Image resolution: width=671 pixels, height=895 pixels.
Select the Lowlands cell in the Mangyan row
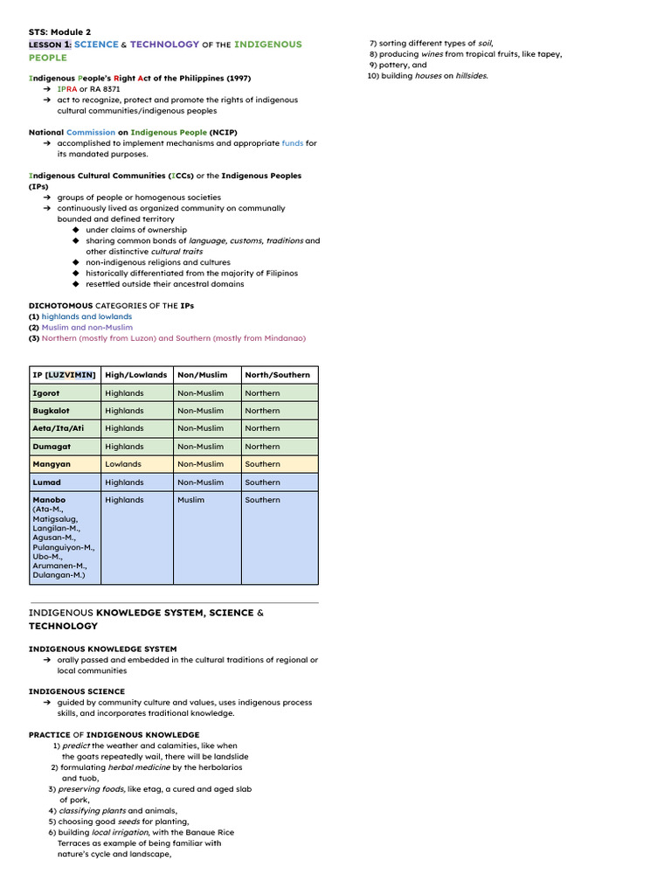pyautogui.click(x=122, y=464)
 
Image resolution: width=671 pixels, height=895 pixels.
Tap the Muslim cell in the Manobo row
pyautogui.click(x=190, y=500)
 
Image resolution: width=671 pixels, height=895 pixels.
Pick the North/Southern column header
pyautogui.click(x=277, y=375)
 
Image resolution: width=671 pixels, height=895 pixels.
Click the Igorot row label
pyautogui.click(x=45, y=393)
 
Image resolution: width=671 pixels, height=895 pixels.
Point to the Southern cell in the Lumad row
pyautogui.click(x=262, y=482)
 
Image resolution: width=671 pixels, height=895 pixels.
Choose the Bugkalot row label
pyautogui.click(x=51, y=411)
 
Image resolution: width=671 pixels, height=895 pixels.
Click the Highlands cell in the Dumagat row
pyautogui.click(x=124, y=447)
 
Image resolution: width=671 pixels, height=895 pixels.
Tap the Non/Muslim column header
pyautogui.click(x=202, y=375)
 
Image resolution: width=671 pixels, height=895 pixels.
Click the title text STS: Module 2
pyautogui.click(x=59, y=32)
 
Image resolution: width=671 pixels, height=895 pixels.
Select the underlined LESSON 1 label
pyautogui.click(x=50, y=45)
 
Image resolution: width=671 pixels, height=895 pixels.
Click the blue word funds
pyautogui.click(x=292, y=143)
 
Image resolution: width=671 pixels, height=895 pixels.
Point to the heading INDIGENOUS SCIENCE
pyautogui.click(x=76, y=691)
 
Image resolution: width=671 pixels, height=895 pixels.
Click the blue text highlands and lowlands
pyautogui.click(x=86, y=316)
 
